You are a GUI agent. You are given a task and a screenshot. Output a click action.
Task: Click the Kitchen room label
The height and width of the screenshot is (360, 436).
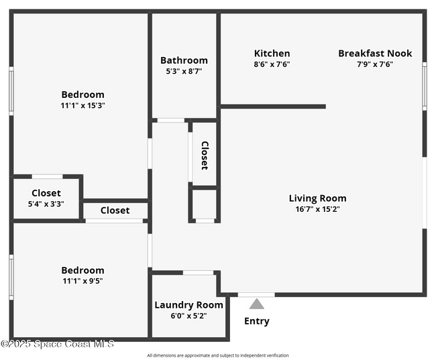point(272,54)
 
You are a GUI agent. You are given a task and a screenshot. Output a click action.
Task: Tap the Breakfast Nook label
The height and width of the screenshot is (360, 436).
point(375,54)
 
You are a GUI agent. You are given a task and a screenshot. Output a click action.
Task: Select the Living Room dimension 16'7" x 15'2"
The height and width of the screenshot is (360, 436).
point(317,208)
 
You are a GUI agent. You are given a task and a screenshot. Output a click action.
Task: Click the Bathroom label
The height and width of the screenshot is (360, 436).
point(184,60)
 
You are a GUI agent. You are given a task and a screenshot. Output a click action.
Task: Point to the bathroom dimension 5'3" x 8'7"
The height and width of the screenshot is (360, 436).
point(184,71)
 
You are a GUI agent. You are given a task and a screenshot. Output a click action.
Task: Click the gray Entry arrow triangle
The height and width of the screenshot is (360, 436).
point(257,304)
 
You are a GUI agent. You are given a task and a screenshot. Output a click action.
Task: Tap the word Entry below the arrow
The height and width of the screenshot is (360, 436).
point(257,321)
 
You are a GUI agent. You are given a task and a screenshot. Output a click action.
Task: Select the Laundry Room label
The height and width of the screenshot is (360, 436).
point(188,305)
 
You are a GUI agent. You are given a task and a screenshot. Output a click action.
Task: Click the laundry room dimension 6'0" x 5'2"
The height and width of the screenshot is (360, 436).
point(188,316)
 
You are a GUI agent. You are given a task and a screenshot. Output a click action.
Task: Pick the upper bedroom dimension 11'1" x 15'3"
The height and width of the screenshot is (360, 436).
point(83,105)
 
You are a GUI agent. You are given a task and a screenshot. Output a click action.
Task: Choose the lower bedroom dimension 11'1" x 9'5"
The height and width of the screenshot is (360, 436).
point(83,281)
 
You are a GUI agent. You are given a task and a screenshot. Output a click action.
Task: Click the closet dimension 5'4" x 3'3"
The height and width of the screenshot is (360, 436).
point(46,204)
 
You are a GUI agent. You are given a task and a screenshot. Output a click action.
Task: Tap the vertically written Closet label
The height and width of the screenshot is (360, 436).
point(205,155)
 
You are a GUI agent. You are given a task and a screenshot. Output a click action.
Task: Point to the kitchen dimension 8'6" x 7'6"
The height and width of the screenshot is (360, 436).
point(272,64)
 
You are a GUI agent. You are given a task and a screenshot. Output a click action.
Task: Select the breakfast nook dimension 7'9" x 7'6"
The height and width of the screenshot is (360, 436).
point(375,64)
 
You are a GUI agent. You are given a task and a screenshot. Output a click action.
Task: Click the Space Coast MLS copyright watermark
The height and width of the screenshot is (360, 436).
point(58,344)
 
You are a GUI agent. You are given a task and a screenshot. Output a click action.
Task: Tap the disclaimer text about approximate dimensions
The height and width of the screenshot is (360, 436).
point(218,355)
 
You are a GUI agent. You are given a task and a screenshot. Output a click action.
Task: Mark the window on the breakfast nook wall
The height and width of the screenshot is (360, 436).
point(424,86)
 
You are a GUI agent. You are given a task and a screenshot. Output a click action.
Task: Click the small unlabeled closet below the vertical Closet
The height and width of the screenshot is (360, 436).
point(205,204)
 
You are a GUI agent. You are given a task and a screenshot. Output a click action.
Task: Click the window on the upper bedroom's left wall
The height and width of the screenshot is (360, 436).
point(11,91)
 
